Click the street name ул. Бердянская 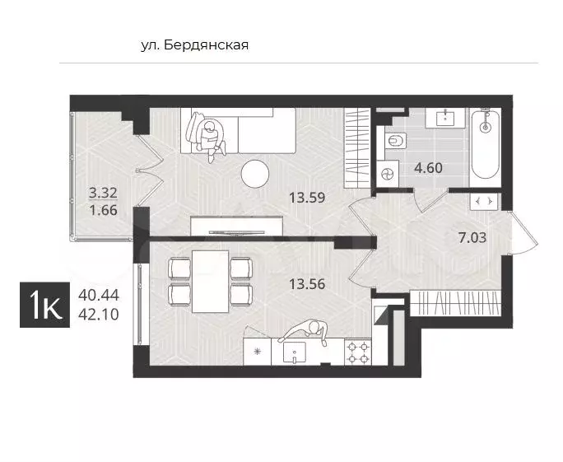(194, 45)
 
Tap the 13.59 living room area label (307, 198)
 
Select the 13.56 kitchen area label (307, 284)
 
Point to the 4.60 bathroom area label (428, 168)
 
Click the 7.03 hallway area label (472, 237)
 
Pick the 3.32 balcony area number (103, 193)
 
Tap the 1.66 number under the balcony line (104, 210)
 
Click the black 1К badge (45, 305)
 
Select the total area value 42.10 (99, 315)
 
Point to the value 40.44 (99, 296)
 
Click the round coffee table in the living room (255, 174)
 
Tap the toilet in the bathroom (396, 141)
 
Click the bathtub (486, 143)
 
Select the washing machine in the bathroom (388, 174)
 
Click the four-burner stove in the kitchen (358, 352)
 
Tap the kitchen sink (295, 352)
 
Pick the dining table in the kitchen (211, 282)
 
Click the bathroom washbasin (445, 118)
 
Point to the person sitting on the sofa (207, 137)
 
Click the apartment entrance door (524, 233)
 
